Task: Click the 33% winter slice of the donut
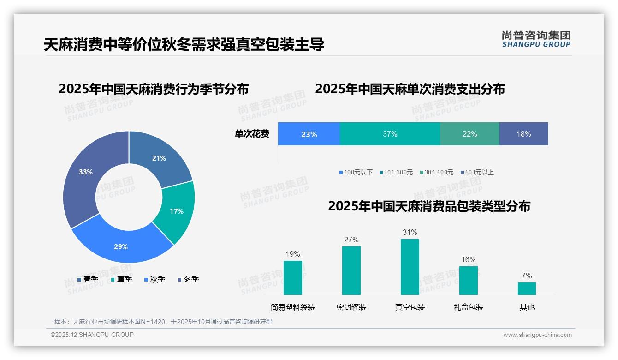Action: click(83, 175)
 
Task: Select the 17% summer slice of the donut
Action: click(176, 211)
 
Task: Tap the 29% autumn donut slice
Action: click(121, 245)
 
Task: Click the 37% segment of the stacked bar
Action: click(390, 134)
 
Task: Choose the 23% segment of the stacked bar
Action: click(309, 134)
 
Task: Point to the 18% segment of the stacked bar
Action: click(523, 134)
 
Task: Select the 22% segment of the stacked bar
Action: click(469, 134)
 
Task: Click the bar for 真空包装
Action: click(410, 267)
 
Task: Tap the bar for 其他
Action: click(527, 288)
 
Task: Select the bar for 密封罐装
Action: click(351, 271)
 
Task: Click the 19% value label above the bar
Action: click(292, 254)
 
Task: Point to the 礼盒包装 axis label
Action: click(468, 307)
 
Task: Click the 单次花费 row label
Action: click(252, 134)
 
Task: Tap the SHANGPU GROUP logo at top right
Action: click(536, 39)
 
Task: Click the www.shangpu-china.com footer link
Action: click(537, 335)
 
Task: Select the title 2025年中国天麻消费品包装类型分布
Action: click(429, 206)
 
